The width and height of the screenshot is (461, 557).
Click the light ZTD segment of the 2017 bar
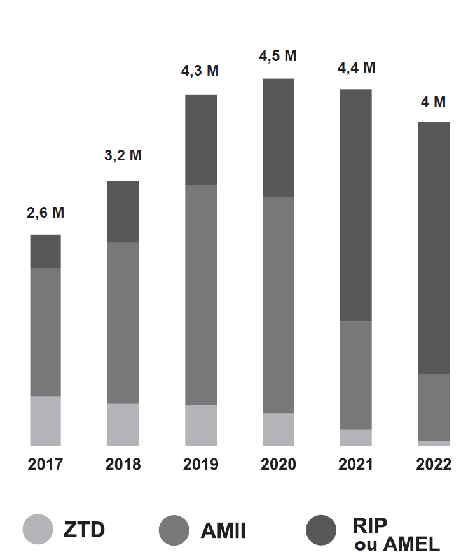[x=45, y=421]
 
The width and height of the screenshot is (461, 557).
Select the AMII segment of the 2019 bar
[x=201, y=295]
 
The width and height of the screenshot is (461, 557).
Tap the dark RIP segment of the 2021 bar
[x=356, y=205]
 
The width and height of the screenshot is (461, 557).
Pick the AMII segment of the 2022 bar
[x=434, y=407]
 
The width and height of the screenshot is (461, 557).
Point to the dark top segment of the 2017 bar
[x=45, y=251]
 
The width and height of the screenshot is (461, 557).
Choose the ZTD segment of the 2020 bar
[x=279, y=429]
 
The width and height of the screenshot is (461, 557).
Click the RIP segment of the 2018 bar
[x=123, y=211]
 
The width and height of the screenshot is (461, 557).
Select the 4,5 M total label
[x=278, y=56]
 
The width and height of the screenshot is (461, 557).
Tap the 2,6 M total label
[x=45, y=213]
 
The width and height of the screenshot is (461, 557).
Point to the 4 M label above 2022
[x=434, y=102]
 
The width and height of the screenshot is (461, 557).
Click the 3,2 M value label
[x=123, y=155]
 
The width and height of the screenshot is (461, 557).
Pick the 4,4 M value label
[x=356, y=67]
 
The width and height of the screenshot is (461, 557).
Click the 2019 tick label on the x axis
[x=201, y=464]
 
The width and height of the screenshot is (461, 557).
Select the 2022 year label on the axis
[x=434, y=464]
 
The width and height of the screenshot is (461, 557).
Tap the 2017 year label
[x=45, y=464]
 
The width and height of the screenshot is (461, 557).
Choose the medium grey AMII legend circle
[x=174, y=529]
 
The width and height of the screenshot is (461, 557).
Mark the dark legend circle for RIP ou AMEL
[x=322, y=529]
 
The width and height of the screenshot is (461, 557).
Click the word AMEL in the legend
[x=412, y=545]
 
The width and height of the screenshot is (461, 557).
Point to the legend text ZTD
[x=84, y=529]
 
